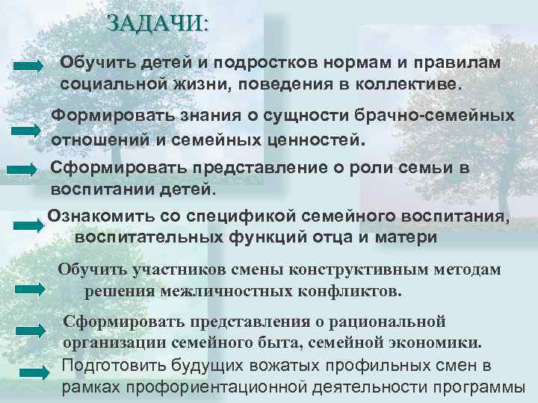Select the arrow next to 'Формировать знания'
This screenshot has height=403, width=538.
pos(29,129)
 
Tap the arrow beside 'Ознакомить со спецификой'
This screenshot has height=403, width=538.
pos(29,223)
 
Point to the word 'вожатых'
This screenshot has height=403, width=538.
pos(290,366)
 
